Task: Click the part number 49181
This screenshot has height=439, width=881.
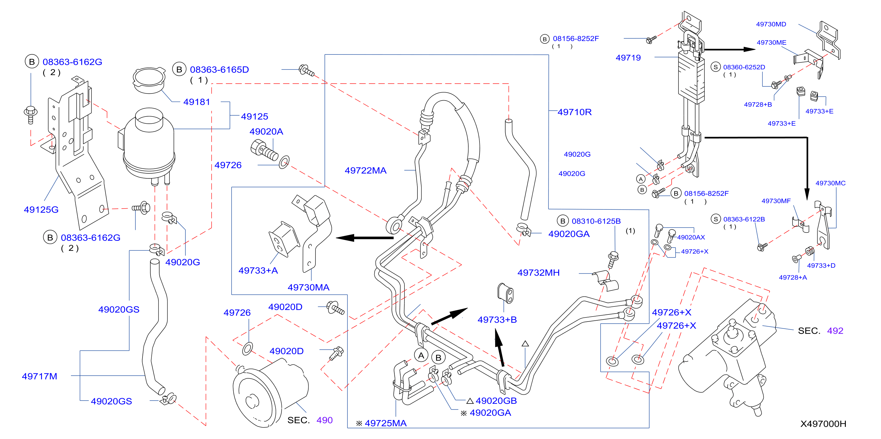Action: [x=196, y=102]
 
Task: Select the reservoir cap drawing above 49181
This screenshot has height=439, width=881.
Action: [x=149, y=80]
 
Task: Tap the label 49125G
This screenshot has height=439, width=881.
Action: [x=41, y=209]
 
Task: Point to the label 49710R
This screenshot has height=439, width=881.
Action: [x=574, y=112]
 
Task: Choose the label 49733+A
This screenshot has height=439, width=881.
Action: [x=258, y=270]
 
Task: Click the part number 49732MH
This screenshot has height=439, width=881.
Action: [x=538, y=273]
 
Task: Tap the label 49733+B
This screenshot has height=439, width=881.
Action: [x=497, y=319]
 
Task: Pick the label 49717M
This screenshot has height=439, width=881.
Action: [x=39, y=376]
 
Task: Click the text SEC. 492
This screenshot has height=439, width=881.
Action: [x=820, y=330]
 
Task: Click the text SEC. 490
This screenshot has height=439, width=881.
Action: [x=310, y=420]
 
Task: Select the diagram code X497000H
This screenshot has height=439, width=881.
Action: [x=823, y=424]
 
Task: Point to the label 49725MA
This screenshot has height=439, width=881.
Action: [x=386, y=423]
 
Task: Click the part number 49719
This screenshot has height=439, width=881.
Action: [x=628, y=57]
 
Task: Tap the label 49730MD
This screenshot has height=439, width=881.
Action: [x=771, y=24]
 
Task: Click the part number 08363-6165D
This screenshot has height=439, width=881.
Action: [x=219, y=70]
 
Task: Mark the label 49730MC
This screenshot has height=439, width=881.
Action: [x=830, y=183]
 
